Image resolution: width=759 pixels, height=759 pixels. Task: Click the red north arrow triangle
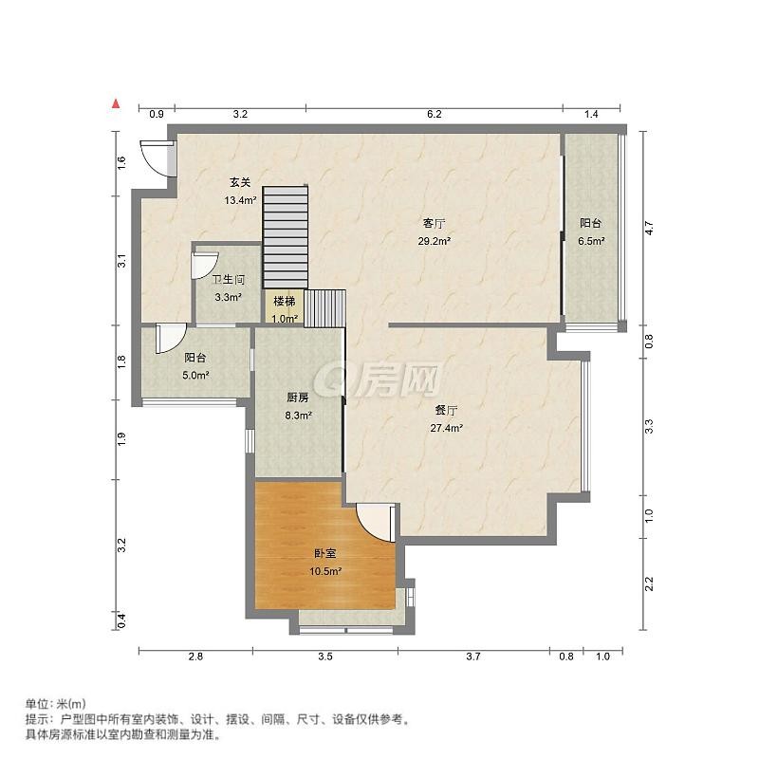pos(116,103)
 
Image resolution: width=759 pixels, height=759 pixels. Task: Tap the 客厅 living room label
pos(435,224)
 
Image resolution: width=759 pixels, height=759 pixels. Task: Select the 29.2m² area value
pos(435,241)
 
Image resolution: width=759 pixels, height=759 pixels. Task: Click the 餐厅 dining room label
pos(446,411)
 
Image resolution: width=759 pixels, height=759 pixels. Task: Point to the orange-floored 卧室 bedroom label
pos(325,554)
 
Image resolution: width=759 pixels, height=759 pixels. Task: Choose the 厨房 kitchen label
pos(298,398)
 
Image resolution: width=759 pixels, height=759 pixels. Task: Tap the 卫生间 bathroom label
pos(229,280)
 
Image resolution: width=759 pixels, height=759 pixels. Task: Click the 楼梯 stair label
pos(284,302)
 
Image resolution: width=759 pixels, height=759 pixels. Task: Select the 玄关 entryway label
pos(240,182)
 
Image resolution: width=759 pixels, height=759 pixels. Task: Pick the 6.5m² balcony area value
pos(591,241)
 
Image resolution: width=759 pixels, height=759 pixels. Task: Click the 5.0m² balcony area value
pos(195,375)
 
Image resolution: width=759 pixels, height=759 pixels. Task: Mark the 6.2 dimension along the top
pos(435,114)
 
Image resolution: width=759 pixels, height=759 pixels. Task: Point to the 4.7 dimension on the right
pos(649,228)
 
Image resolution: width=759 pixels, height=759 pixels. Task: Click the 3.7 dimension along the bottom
pos(473,657)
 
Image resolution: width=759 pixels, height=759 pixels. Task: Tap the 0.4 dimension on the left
pos(122,620)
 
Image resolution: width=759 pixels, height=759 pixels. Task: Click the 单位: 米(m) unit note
pos(55,703)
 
